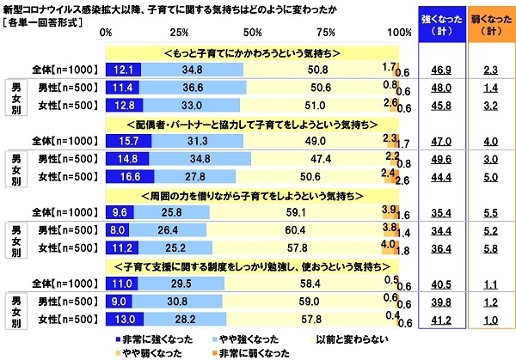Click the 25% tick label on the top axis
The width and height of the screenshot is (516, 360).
[180, 34]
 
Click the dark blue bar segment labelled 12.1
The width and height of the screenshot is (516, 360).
[123, 68]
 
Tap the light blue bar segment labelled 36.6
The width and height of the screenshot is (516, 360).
[192, 87]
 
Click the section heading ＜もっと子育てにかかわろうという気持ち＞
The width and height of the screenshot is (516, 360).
[252, 52]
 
